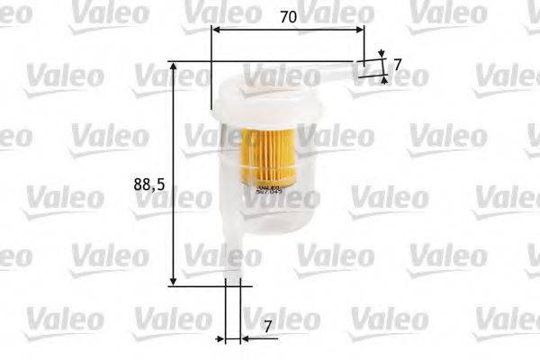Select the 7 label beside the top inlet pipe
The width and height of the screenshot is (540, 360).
(x=397, y=65)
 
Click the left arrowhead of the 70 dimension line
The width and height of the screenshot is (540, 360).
(x=216, y=30)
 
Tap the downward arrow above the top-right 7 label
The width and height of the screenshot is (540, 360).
(x=382, y=55)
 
